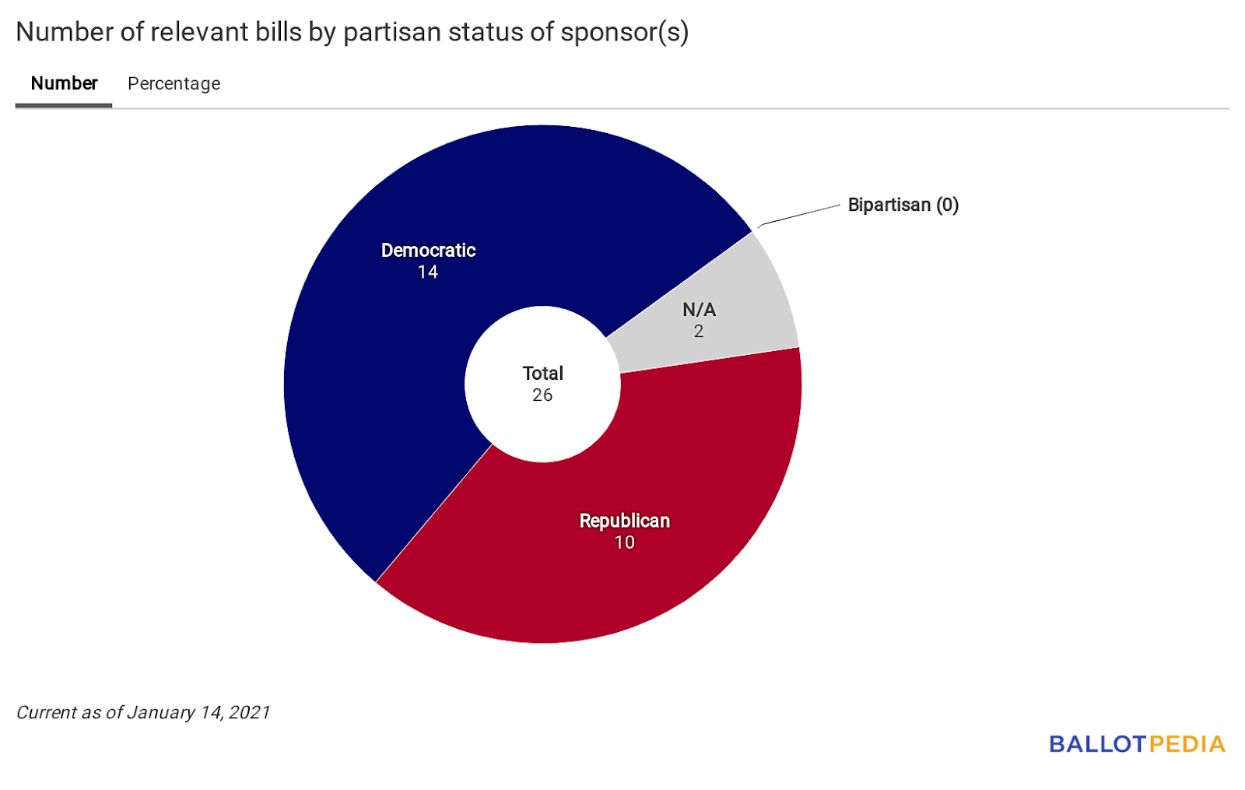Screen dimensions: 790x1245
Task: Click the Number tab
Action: click(x=64, y=83)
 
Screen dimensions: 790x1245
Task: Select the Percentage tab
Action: click(x=174, y=83)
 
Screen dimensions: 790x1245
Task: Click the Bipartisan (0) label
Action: click(x=903, y=205)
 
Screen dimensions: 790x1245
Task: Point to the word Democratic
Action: click(x=428, y=251)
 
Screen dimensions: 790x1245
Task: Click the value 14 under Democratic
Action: click(x=428, y=272)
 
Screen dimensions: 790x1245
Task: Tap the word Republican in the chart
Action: click(x=624, y=521)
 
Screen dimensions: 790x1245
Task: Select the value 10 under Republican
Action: click(x=624, y=542)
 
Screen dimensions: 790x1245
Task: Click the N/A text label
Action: click(x=699, y=310)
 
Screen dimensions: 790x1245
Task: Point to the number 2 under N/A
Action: click(x=699, y=332)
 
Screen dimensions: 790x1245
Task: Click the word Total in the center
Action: click(x=542, y=374)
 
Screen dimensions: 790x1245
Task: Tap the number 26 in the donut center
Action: click(x=542, y=395)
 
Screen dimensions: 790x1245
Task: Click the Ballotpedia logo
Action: click(x=1136, y=744)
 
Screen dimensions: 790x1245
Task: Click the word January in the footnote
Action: click(x=160, y=712)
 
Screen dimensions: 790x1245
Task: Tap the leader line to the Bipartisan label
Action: click(x=800, y=216)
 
